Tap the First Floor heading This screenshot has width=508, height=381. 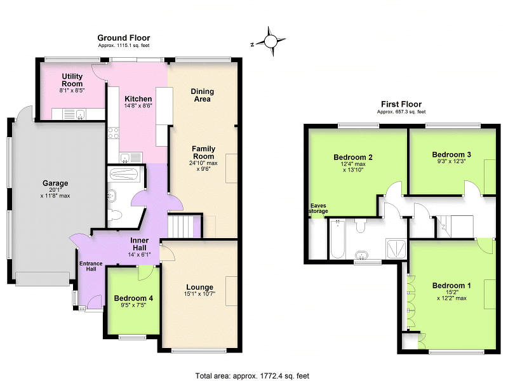[x=401, y=104]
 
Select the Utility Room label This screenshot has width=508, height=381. [x=72, y=80]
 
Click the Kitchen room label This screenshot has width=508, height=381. [x=138, y=99]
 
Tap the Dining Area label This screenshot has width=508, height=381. [x=202, y=95]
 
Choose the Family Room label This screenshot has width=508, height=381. [x=204, y=152]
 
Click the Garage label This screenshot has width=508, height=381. [x=55, y=184]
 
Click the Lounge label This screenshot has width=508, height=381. [x=200, y=287]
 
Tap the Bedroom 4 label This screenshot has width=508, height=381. [x=133, y=298]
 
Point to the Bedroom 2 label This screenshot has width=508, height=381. [x=352, y=157]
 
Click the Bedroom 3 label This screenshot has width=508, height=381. [x=451, y=154]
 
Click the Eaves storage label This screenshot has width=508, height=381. [x=319, y=208]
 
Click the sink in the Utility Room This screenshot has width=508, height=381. [x=81, y=114]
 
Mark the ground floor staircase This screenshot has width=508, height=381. [x=180, y=225]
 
